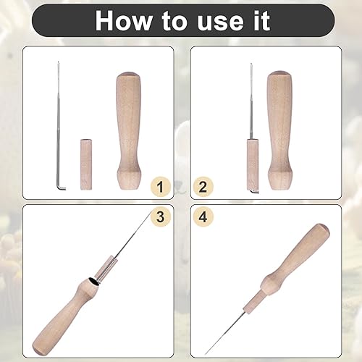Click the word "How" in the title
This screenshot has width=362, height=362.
pos(124,20)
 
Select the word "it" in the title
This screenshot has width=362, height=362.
pos(261,20)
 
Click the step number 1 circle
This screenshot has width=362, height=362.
pos(161,187)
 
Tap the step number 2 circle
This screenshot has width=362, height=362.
pos(203,187)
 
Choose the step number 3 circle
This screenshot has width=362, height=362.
pos(161,216)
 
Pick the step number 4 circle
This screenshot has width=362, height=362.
pos(203,216)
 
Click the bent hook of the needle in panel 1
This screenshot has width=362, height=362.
pos(62,188)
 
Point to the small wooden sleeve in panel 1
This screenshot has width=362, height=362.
pos(86,164)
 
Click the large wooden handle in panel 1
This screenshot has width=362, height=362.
pos(128,131)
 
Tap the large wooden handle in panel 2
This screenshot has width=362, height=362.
pos(279,130)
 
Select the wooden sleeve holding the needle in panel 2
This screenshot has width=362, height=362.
pos(253,164)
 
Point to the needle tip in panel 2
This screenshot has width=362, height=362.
pos(251,64)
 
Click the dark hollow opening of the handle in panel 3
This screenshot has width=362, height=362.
pos(93,282)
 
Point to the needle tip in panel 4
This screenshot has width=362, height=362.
pos(206,353)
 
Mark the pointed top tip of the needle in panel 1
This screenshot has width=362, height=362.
pos(58,62)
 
